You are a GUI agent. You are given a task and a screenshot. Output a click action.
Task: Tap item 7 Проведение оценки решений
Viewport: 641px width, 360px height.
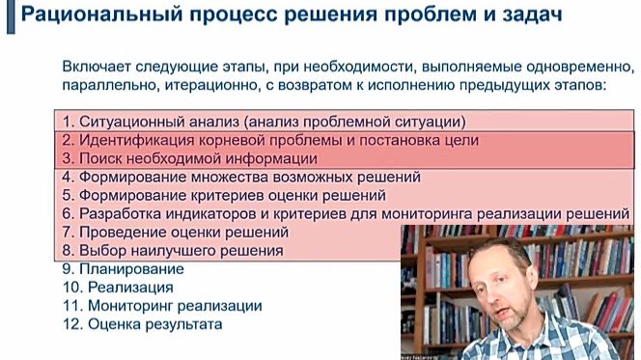(174, 233)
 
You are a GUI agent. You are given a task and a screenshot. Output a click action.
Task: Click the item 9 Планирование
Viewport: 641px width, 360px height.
(122, 269)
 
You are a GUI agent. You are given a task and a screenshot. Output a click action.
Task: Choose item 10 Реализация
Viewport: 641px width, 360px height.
(117, 288)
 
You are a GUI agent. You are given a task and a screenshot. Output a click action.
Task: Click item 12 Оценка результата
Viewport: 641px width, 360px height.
(141, 324)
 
